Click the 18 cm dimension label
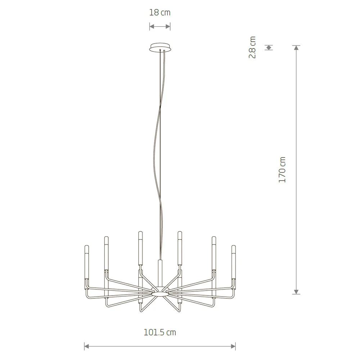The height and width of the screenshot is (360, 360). pos(160,12)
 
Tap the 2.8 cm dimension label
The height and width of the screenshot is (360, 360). pos(252,47)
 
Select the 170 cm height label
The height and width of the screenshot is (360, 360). pos(282,170)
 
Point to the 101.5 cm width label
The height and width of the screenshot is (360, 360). pos(160,332)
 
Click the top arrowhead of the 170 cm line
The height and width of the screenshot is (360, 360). pos(296,48)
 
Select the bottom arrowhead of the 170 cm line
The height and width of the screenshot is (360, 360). pos(296,292)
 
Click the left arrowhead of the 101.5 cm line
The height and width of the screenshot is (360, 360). pos(86,346)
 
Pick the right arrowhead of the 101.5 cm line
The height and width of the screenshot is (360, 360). pos(233,346)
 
